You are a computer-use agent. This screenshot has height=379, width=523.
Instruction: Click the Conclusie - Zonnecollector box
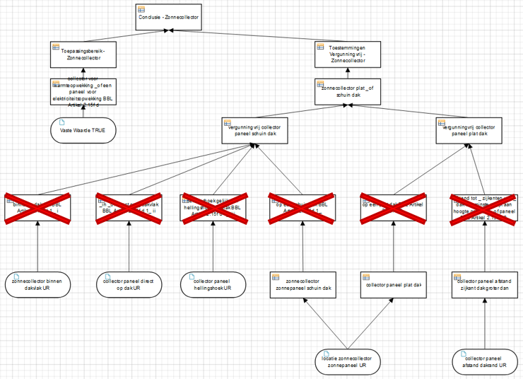(168, 18)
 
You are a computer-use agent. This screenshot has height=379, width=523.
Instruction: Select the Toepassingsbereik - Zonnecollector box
(83, 55)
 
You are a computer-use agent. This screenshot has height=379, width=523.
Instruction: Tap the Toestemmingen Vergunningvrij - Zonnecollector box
(348, 55)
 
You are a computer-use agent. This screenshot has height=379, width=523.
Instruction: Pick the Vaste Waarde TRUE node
(83, 130)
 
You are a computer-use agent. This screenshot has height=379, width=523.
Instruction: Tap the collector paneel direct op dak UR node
(129, 284)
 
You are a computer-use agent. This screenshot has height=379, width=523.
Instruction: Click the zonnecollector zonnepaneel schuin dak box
(302, 285)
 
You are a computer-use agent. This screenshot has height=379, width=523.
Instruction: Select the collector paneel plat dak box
(392, 285)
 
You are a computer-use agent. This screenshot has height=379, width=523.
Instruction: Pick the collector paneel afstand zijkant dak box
(484, 285)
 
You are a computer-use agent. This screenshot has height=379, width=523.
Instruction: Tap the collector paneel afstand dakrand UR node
(484, 361)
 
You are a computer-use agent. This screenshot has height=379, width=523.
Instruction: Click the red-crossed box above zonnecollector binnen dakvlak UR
(37, 208)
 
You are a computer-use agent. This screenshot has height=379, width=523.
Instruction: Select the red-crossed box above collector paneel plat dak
(392, 208)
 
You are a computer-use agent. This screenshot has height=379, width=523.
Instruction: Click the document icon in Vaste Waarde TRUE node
(62, 123)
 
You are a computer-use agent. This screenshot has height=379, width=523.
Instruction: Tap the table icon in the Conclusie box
(141, 9)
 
